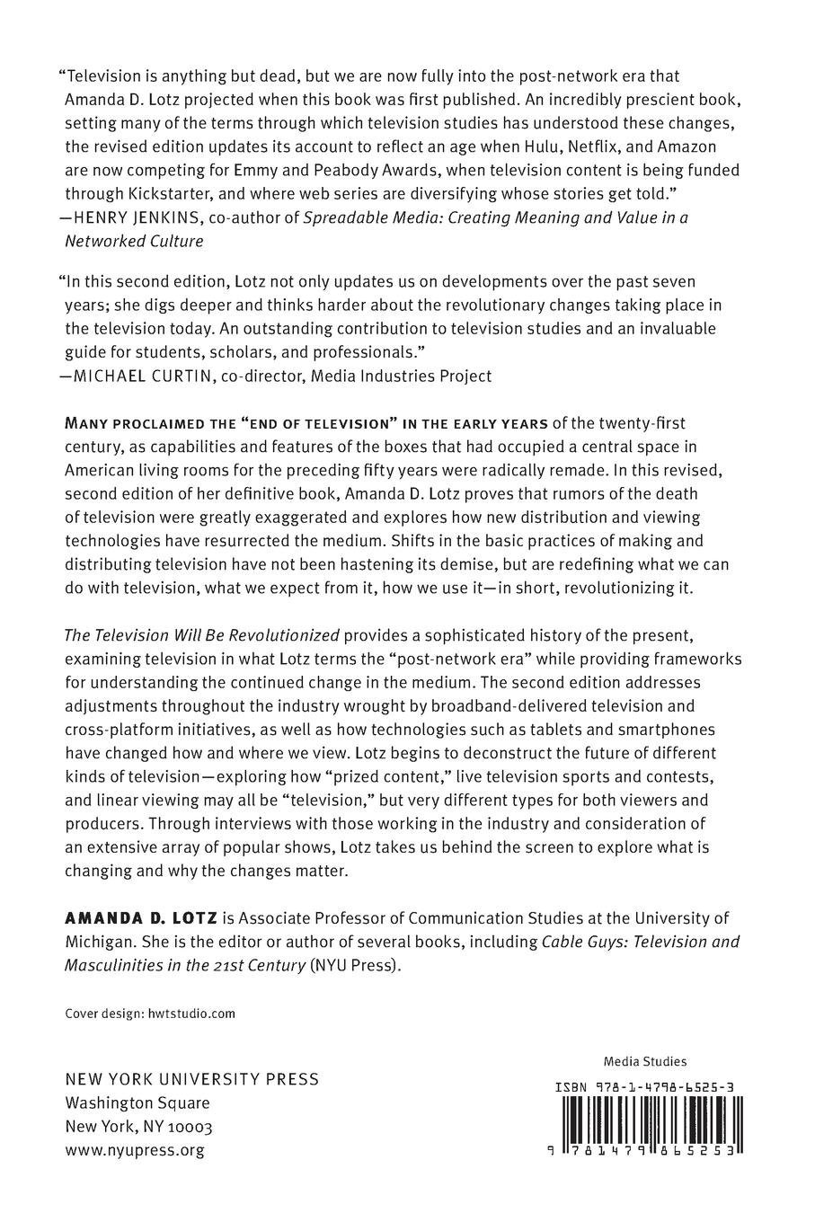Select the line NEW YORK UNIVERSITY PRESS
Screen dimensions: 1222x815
coord(192,1079)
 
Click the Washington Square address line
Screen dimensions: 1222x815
coord(137,1102)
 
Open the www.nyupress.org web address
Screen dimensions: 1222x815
coord(135,1149)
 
